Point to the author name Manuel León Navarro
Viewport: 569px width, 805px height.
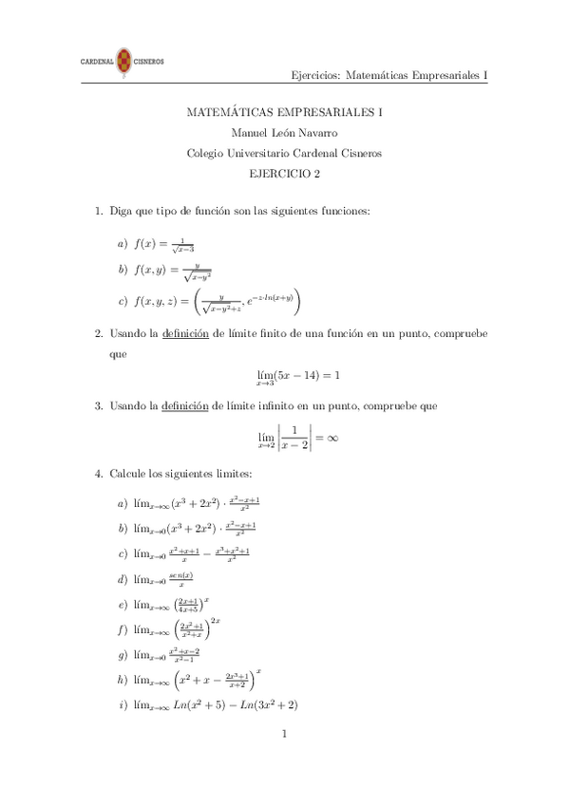click(284, 133)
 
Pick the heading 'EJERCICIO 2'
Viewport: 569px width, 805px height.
click(284, 173)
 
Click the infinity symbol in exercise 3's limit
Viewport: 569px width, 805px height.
click(332, 438)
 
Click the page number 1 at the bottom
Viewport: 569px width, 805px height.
click(284, 734)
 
